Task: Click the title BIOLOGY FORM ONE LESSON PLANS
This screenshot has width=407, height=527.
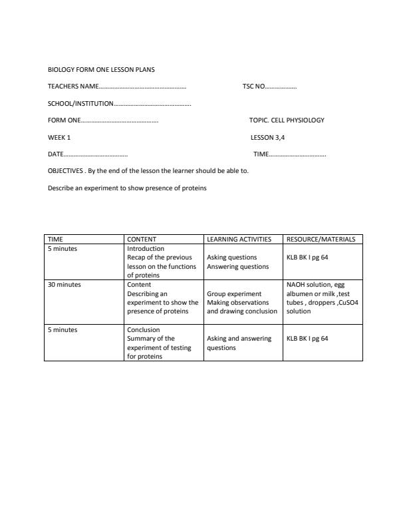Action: point(101,69)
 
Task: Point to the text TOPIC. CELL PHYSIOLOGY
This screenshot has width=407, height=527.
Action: point(287,120)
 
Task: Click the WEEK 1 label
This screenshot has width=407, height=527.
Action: point(59,138)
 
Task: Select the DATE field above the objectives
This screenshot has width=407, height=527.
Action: point(87,154)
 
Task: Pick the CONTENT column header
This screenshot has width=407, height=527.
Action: point(142,239)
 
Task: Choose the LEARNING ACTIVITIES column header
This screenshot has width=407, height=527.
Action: point(239,239)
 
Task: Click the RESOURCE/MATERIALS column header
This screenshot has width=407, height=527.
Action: point(321,239)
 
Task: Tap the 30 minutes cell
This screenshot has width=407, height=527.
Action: point(65,284)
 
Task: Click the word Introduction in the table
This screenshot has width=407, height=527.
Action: point(145,249)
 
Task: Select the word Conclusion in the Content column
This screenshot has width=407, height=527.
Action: point(143,329)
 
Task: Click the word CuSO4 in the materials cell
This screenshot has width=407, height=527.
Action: point(348,302)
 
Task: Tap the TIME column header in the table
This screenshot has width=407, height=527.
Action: point(55,239)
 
